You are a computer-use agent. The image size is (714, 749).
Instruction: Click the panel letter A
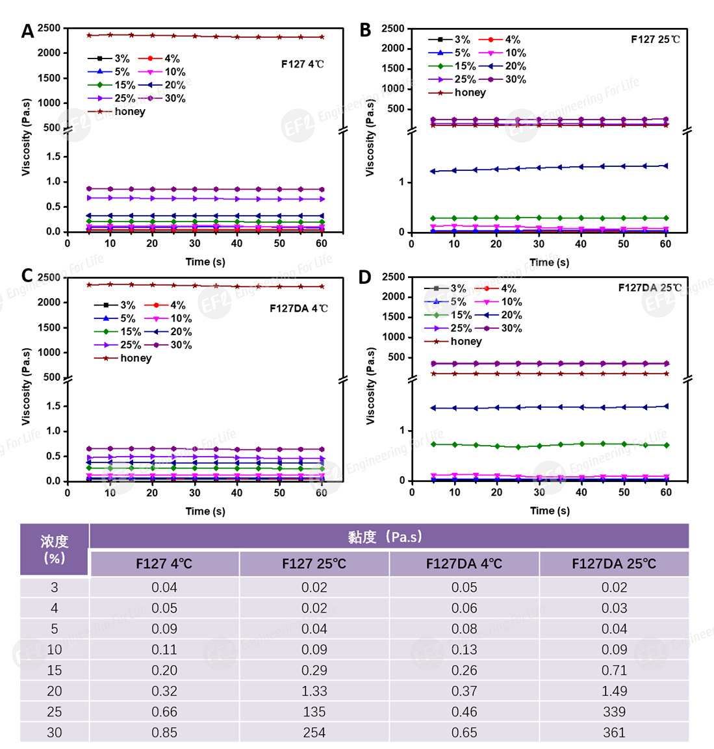point(27,31)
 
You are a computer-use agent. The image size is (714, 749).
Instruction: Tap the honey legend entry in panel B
point(458,93)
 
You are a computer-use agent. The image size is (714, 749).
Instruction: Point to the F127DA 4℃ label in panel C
point(299,309)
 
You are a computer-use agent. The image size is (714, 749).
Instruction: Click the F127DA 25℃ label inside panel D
point(649,288)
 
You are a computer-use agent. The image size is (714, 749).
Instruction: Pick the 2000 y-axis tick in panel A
point(49,53)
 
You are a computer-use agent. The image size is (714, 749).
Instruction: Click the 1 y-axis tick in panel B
point(401,183)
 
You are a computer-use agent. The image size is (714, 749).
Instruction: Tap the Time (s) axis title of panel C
point(205,511)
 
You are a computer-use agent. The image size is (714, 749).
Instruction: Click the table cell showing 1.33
point(314,691)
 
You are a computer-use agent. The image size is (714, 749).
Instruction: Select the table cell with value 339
point(614,712)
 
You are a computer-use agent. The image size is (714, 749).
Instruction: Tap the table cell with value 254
point(314,733)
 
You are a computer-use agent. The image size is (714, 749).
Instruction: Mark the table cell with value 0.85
point(164,733)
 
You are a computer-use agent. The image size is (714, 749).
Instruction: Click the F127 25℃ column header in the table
point(314,564)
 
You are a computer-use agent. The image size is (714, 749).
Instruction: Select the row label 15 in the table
point(55,670)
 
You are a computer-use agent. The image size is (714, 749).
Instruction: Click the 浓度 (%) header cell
point(55,550)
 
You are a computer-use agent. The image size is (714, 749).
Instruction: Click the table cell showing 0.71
point(614,670)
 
